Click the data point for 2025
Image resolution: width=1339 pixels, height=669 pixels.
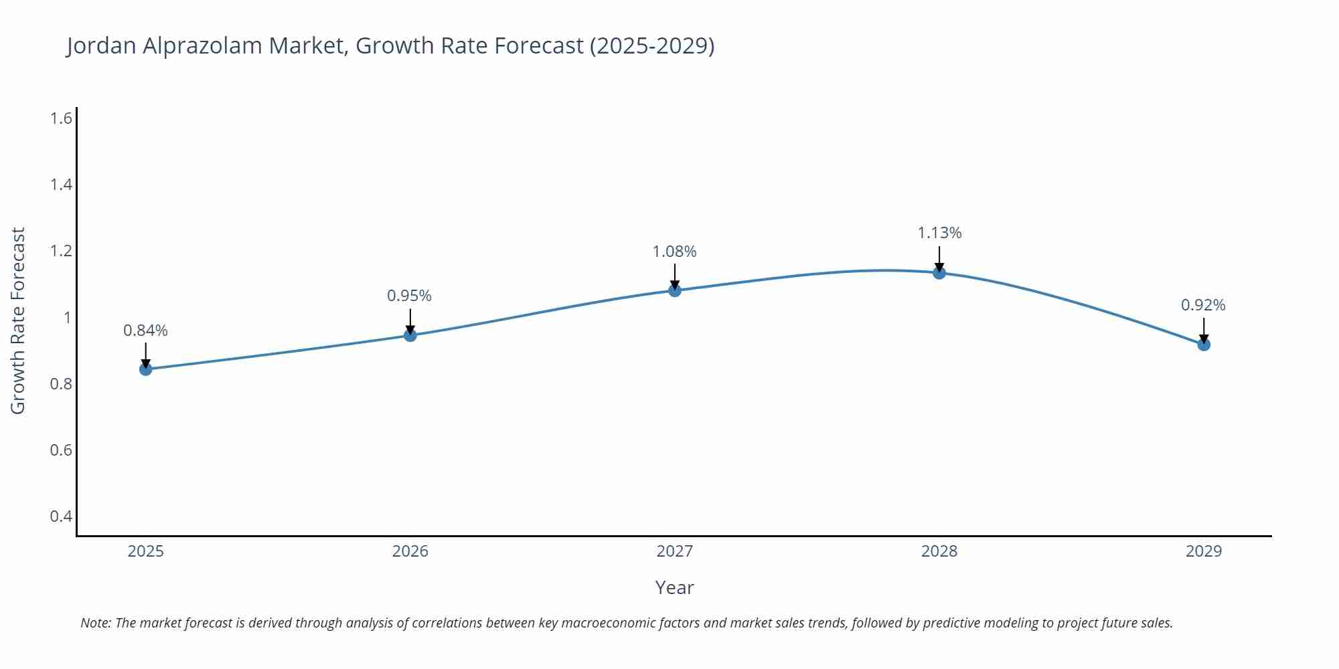[x=146, y=369]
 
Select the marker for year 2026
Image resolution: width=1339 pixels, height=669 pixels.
[x=410, y=334]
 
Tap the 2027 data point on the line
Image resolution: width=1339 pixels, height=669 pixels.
[x=675, y=290]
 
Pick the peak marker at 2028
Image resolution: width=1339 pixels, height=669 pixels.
[x=939, y=272]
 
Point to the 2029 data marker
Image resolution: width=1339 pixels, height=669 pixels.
[x=1204, y=345]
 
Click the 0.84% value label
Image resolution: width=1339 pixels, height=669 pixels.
[x=146, y=330]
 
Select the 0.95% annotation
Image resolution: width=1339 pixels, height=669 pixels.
[x=410, y=296]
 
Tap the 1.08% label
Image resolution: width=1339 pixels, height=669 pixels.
[x=675, y=252]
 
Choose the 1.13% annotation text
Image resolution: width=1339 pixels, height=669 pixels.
[x=939, y=233]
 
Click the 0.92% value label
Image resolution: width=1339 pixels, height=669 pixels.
[x=1203, y=305]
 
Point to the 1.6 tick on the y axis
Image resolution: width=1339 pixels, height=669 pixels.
[x=61, y=118]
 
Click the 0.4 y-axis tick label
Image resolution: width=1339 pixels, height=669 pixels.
[x=61, y=516]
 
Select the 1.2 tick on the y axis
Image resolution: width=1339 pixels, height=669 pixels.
[x=61, y=251]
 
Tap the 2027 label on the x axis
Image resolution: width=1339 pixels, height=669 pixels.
[x=675, y=551]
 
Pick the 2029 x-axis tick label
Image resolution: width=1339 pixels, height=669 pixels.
[x=1204, y=551]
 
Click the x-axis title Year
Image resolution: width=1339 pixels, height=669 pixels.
[x=674, y=587]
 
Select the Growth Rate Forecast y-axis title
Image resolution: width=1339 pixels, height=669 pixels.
[x=18, y=320]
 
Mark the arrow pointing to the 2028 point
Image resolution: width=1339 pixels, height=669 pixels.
[x=939, y=258]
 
